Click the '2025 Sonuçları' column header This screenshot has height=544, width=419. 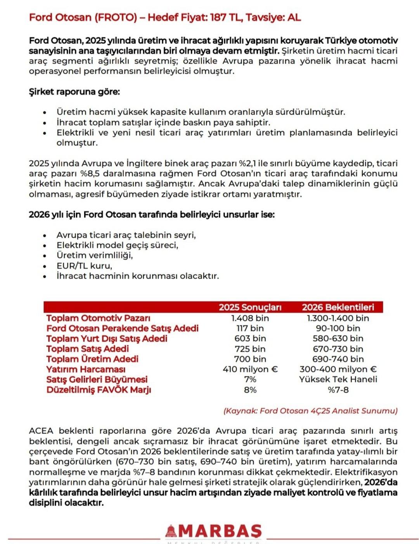click(x=250, y=307)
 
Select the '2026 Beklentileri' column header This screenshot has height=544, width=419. click(x=338, y=307)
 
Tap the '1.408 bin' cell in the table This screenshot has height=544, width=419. click(x=250, y=318)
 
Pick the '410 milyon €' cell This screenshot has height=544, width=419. click(x=250, y=369)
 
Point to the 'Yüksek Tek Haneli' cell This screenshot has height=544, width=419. click(x=338, y=379)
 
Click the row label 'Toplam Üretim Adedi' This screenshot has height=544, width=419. click(x=92, y=359)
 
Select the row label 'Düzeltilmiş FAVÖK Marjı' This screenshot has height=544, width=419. click(x=99, y=390)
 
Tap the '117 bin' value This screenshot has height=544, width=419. click(x=250, y=328)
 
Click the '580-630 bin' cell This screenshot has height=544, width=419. click(x=338, y=338)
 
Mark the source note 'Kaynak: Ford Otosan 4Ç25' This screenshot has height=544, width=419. click(x=310, y=411)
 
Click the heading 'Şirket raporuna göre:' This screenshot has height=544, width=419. click(x=74, y=92)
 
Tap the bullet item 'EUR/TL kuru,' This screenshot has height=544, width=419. click(x=84, y=266)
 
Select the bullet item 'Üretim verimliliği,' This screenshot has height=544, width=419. click(x=95, y=256)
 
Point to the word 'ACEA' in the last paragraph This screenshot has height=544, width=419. click(x=41, y=431)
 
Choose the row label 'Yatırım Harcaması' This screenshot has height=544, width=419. click(x=86, y=369)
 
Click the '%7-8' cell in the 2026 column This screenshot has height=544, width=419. click(x=338, y=390)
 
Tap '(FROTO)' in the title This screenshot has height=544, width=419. click(x=121, y=17)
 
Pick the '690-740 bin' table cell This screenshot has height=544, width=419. click(x=338, y=359)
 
